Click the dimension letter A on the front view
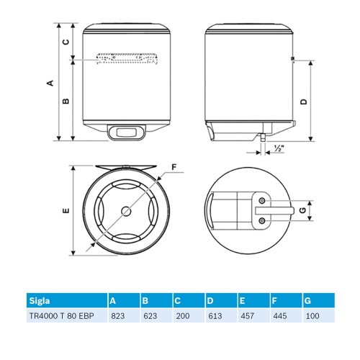point(50,83)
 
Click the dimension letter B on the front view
point(66,102)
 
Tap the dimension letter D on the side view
point(304,102)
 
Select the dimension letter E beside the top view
point(65,211)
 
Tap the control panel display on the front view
point(125,132)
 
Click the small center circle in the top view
point(127,211)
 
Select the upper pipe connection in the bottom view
point(262,199)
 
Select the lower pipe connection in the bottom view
point(262,220)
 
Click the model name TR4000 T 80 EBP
point(61,316)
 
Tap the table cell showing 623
point(150,316)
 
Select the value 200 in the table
point(182,316)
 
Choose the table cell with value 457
point(248,316)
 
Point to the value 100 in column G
point(312,316)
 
